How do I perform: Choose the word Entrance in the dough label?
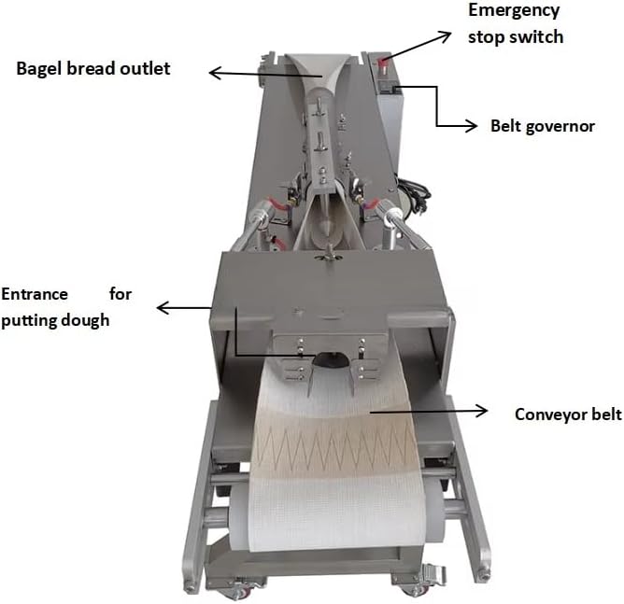35,294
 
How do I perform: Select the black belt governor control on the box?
395,90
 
